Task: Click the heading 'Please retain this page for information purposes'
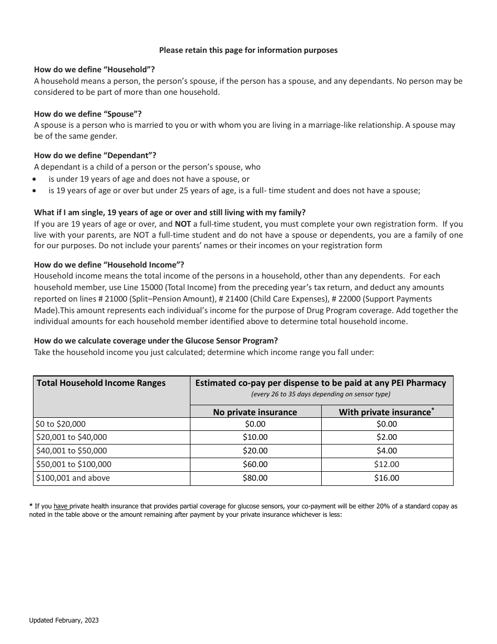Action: [248, 50]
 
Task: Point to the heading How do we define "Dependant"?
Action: [95, 155]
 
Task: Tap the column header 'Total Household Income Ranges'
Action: [101, 383]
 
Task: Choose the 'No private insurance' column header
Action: [255, 412]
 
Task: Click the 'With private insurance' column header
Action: [386, 412]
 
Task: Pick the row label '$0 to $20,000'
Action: [61, 424]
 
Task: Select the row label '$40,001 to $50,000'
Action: [71, 451]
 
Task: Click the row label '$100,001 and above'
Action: [73, 478]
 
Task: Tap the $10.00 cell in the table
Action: [255, 437]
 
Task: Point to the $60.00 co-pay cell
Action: [255, 464]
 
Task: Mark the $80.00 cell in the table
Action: [255, 478]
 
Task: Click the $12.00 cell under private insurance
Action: [387, 464]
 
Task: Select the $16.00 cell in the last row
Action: [387, 478]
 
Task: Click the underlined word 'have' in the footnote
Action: [61, 506]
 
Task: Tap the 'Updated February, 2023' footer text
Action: [64, 620]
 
